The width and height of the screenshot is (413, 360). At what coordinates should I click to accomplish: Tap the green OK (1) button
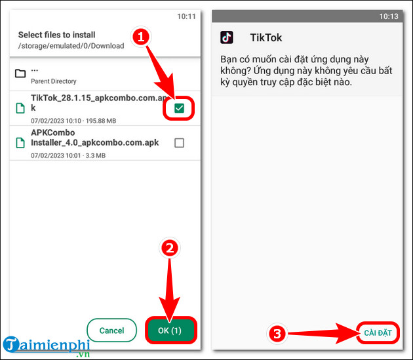(170, 330)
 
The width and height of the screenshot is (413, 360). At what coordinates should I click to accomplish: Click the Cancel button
(111, 330)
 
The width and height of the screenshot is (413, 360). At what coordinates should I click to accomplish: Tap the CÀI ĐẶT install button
(378, 333)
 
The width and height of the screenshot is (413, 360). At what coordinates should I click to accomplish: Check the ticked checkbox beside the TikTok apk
(180, 108)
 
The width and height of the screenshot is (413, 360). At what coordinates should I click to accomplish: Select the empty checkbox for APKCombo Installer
(180, 143)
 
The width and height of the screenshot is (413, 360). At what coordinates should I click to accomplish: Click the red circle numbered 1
(141, 37)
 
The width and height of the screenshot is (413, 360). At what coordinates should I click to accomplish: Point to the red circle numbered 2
(170, 248)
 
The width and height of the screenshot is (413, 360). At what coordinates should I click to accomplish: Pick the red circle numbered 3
(277, 334)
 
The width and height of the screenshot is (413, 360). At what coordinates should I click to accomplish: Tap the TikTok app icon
(227, 37)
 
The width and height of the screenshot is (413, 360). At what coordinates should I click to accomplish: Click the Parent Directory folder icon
(20, 73)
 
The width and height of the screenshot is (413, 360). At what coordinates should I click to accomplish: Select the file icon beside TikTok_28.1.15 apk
(20, 108)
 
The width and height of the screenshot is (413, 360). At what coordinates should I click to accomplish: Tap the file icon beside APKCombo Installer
(20, 143)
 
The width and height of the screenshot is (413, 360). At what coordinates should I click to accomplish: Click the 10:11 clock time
(186, 16)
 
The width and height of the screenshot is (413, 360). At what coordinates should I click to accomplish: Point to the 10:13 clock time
(389, 16)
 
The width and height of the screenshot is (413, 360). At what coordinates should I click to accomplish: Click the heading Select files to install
(56, 35)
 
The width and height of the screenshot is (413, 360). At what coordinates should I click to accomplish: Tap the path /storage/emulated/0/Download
(71, 46)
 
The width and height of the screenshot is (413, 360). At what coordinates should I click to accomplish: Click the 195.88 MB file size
(101, 121)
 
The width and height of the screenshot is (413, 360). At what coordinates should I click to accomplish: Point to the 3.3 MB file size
(96, 156)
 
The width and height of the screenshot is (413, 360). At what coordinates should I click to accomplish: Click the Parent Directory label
(54, 81)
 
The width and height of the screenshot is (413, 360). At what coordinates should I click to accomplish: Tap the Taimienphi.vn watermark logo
(47, 347)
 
